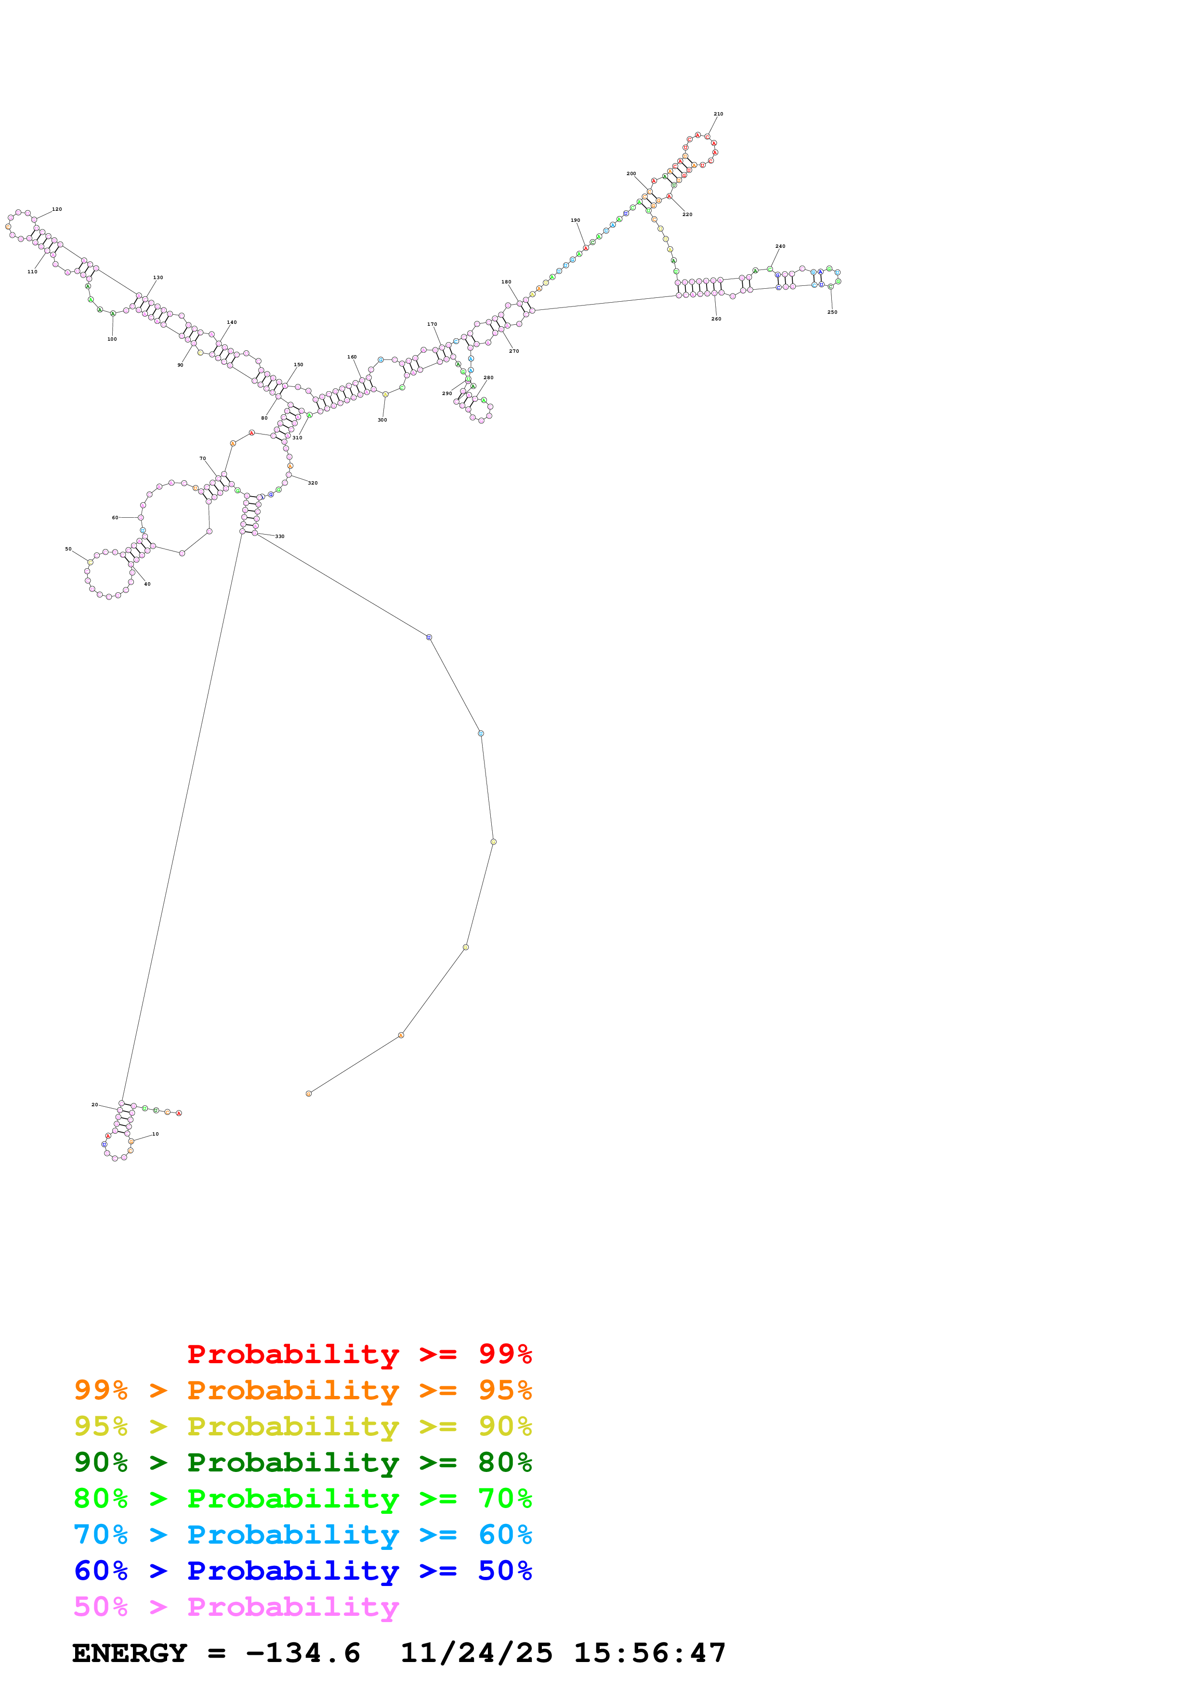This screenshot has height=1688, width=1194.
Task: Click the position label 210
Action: (718, 114)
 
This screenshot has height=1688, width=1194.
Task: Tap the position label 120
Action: (57, 209)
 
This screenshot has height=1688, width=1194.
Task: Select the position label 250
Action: (832, 312)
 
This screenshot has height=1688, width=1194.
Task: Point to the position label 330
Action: (279, 537)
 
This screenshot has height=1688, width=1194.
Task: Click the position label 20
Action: (94, 1105)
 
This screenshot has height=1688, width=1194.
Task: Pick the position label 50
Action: (68, 549)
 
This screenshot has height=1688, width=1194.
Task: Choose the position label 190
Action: (575, 220)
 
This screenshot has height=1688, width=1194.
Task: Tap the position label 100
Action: (112, 340)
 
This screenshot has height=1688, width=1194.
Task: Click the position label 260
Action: (716, 319)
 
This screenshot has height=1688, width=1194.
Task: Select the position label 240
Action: (780, 247)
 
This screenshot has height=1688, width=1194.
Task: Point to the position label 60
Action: (115, 518)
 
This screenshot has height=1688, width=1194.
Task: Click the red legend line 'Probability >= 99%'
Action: (359, 1354)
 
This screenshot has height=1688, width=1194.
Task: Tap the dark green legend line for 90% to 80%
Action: (302, 1462)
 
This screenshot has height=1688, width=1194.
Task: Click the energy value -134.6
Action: (302, 1653)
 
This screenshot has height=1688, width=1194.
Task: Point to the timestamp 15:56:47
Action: (650, 1653)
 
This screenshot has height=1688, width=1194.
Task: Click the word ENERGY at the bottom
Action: (130, 1653)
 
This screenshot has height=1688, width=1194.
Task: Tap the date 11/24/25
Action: (476, 1653)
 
